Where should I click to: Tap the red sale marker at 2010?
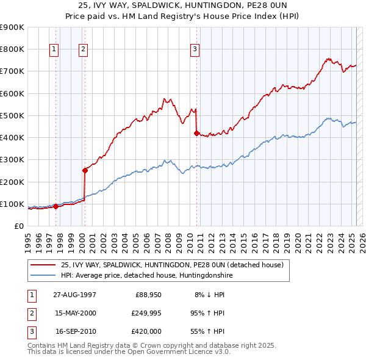196,133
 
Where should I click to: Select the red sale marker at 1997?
56,206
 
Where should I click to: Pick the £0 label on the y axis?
20,226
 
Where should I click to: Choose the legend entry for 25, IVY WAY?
171,265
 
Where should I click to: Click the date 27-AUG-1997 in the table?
75,294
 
